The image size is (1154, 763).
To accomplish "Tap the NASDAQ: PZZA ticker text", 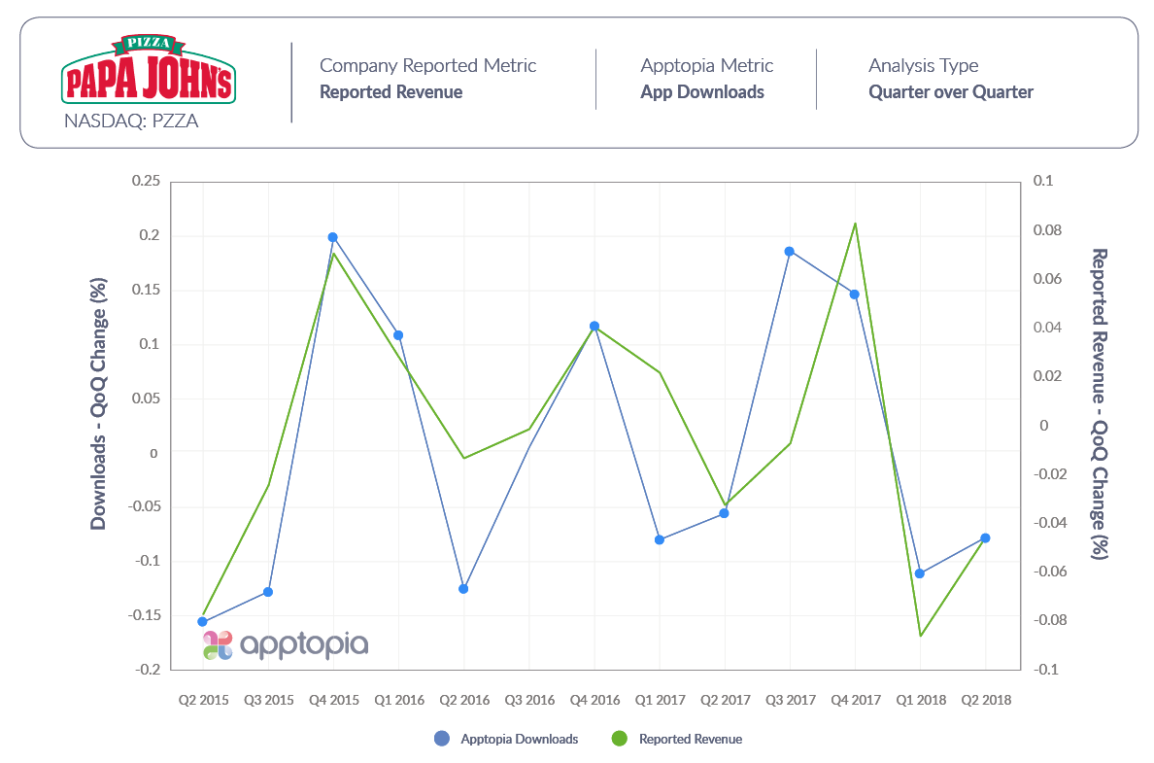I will coord(131,122).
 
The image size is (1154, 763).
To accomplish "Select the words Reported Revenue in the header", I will coord(390,92).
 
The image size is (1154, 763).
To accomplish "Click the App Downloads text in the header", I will coord(701,92).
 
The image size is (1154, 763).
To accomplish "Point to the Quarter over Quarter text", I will coord(950,92).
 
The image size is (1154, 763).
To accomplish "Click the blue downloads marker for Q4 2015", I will coord(332,237).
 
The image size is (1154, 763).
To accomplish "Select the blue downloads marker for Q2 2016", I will coord(463,589).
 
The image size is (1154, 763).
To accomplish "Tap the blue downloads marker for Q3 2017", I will coord(790,251).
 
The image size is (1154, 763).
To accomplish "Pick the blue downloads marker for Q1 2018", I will coord(920,573).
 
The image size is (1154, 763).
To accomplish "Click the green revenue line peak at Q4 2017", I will coord(855,224).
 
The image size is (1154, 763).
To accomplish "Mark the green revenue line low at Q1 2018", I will coord(920,636).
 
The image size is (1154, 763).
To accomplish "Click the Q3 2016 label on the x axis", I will coord(528,699).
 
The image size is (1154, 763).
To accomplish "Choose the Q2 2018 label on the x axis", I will coord(985,699).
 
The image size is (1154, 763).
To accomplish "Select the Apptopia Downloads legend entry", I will coord(509,740).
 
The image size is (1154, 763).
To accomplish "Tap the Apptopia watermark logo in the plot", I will coord(286,644).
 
